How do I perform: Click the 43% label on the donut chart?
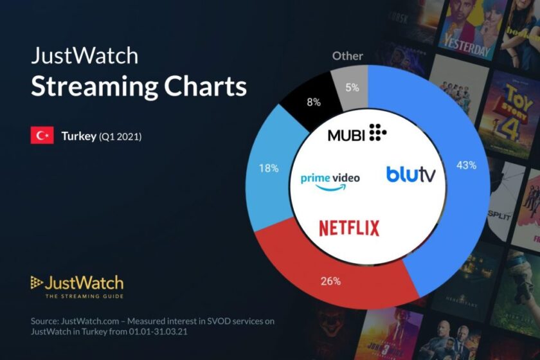pyautogui.click(x=466, y=165)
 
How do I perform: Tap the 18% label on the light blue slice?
pyautogui.click(x=269, y=168)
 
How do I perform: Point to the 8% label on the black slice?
pyautogui.click(x=314, y=101)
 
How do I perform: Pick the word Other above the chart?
pyautogui.click(x=347, y=56)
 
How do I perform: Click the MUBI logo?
pyautogui.click(x=357, y=134)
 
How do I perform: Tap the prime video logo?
pyautogui.click(x=330, y=179)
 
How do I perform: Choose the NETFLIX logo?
pyautogui.click(x=349, y=228)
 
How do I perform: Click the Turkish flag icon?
pyautogui.click(x=42, y=136)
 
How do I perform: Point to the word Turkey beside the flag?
pyautogui.click(x=78, y=136)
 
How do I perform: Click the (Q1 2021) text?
pyautogui.click(x=120, y=136)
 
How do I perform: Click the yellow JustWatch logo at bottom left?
pyautogui.click(x=76, y=283)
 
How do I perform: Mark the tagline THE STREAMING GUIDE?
pyautogui.click(x=84, y=296)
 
